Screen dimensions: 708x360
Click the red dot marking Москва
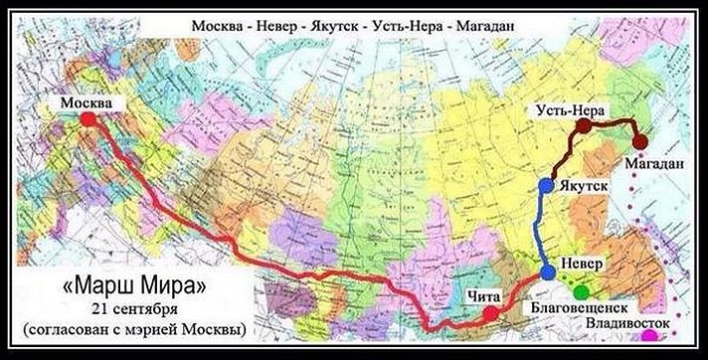[x=88, y=118]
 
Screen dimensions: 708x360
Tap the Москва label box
[x=88, y=101]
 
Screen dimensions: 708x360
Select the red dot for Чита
[x=490, y=314]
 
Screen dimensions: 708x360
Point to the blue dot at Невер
[x=548, y=272]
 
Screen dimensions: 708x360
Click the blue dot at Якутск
[x=545, y=185]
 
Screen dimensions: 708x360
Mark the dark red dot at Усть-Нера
[x=584, y=127]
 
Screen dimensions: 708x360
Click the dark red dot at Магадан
[x=641, y=141]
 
